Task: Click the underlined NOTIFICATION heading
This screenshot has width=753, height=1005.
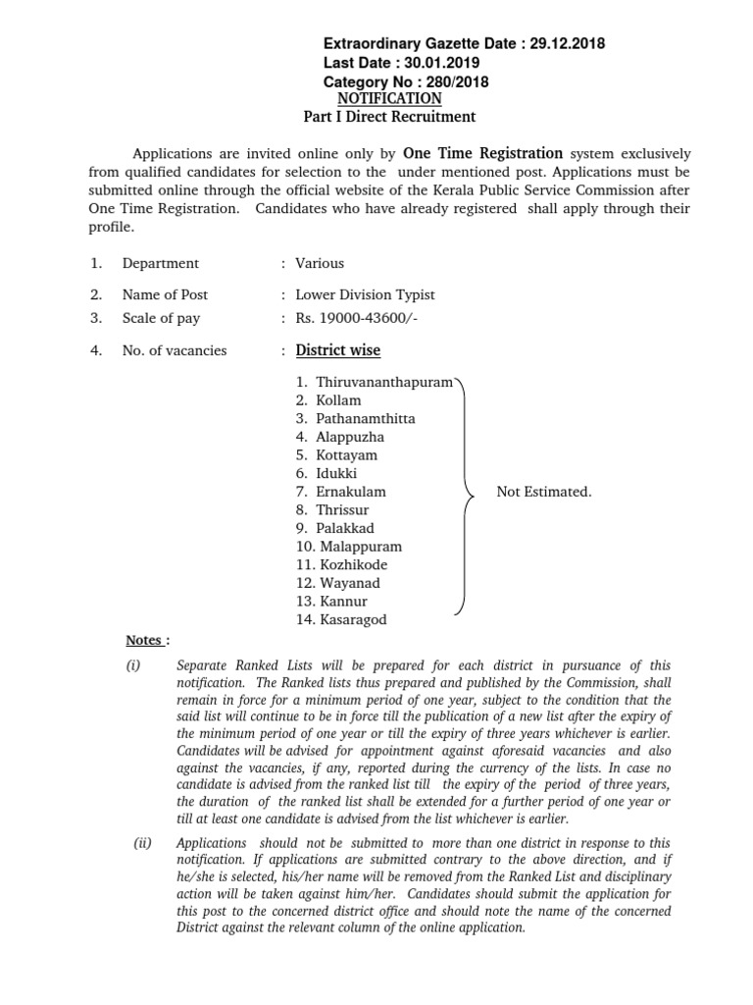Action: (x=389, y=99)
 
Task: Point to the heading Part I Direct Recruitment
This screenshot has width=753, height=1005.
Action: (x=389, y=117)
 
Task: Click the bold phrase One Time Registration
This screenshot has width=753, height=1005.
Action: (x=483, y=153)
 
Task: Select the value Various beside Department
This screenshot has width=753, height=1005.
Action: (x=320, y=263)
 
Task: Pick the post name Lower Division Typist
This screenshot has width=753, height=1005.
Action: (x=365, y=294)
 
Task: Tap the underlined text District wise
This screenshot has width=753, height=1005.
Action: (x=338, y=350)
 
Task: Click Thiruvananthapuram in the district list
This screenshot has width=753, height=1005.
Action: (x=383, y=382)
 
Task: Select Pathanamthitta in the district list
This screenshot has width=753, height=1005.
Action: (x=365, y=418)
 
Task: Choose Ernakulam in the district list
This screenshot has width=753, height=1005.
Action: (x=351, y=491)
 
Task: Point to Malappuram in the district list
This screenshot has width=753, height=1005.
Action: (x=360, y=547)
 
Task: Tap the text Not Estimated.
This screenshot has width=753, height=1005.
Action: (x=543, y=492)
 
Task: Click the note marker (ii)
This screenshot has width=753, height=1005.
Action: (x=142, y=843)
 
